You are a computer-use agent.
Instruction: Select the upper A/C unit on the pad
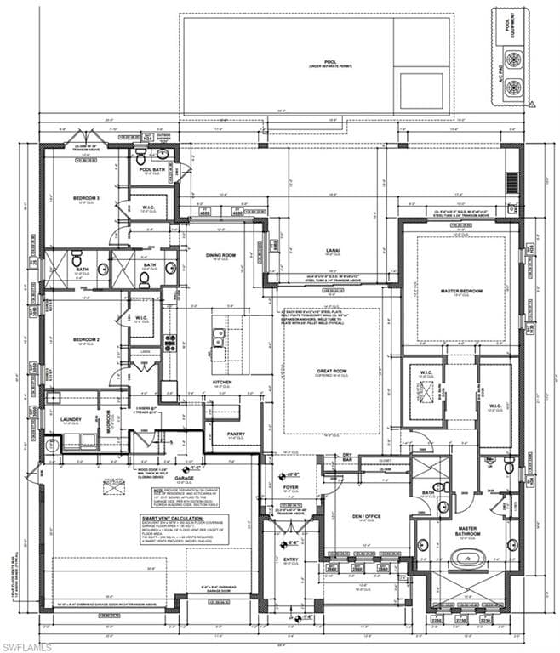click(x=513, y=60)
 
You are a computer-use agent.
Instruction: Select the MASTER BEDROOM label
click(x=461, y=292)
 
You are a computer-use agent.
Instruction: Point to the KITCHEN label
click(x=222, y=383)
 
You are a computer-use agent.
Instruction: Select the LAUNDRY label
click(x=71, y=419)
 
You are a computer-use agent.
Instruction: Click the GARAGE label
click(x=185, y=478)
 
